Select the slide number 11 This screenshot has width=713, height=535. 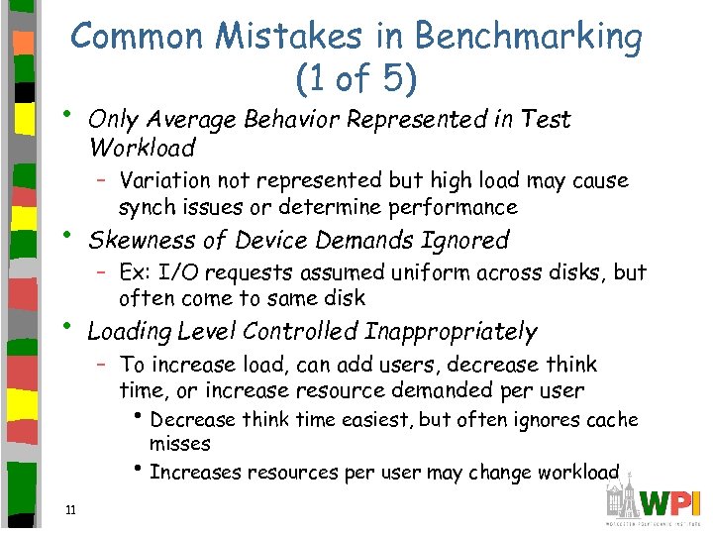pyautogui.click(x=69, y=511)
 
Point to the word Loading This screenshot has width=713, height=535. pyautogui.click(x=125, y=333)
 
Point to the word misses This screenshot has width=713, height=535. pyautogui.click(x=180, y=444)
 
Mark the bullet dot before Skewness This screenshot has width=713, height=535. pyautogui.click(x=65, y=236)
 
